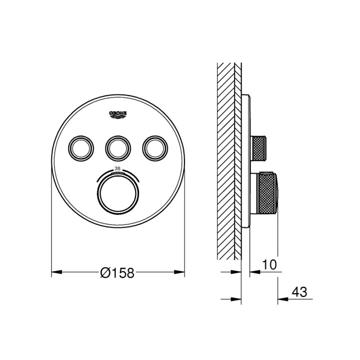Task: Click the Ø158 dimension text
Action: point(117,273)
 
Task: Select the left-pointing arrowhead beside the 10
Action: point(254,272)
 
